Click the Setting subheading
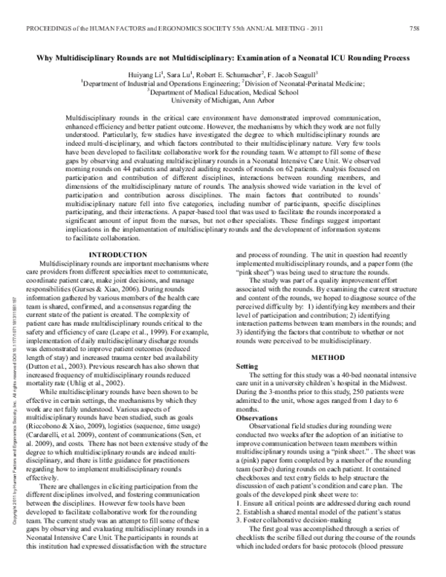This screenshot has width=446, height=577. click(245, 367)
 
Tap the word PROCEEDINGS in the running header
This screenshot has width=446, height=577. click(52, 29)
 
